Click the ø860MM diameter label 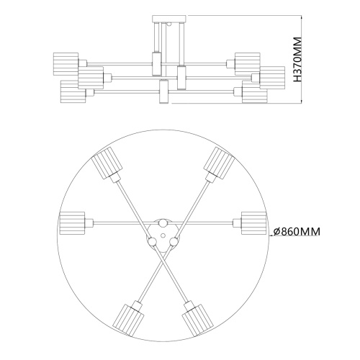pos(297,232)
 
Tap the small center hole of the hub pos(162,234)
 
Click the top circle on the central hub pos(162,225)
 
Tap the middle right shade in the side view pos(271,75)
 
